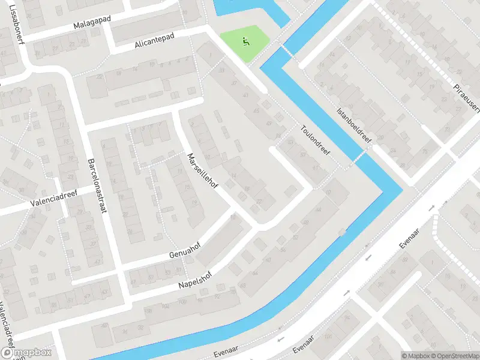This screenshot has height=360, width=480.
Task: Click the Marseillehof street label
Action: point(202,171)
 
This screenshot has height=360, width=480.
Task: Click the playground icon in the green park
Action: point(245,42)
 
